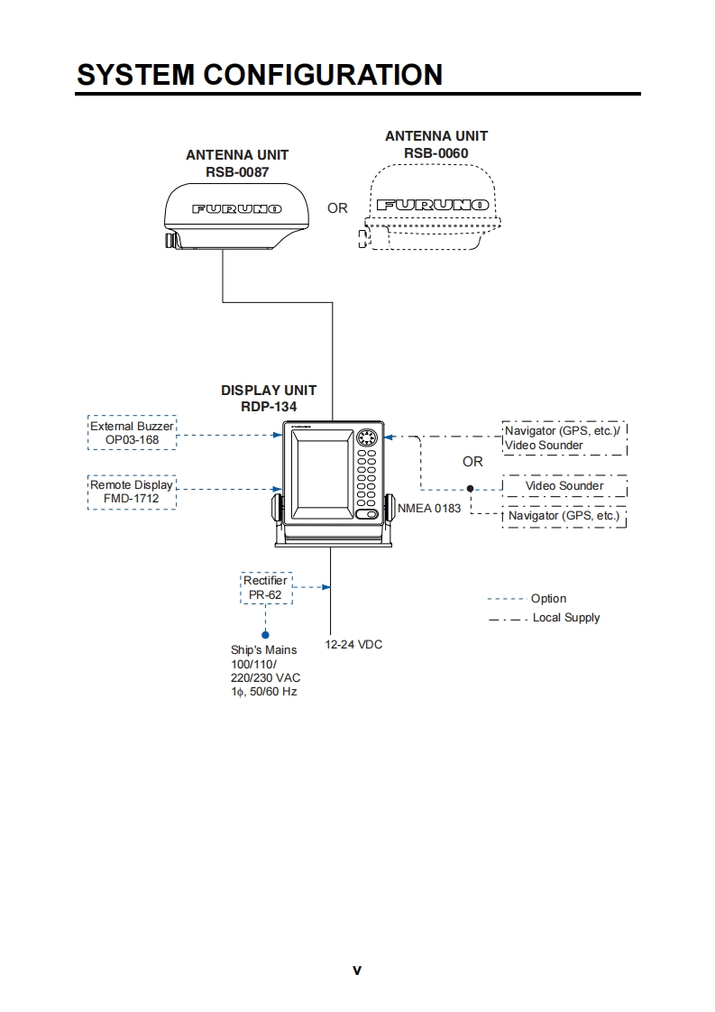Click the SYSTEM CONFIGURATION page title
pos(260,74)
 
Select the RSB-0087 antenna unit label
pos(237,163)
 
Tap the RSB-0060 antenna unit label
pos(436,144)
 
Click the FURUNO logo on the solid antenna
pos(237,208)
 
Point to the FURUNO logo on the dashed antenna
pos(433,206)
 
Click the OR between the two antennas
pos(337,208)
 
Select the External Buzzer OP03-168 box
pos(132,433)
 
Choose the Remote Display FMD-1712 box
pos(132,492)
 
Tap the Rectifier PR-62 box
pos(266,588)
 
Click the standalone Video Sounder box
pos(564,486)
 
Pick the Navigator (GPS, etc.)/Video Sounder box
pos(564,437)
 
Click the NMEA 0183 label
pos(429,509)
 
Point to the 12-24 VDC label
pos(353,645)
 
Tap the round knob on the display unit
pos(366,439)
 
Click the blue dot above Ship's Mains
pos(265,635)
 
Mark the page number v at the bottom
pos(357,971)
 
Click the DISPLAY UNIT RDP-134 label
pos(269,399)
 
